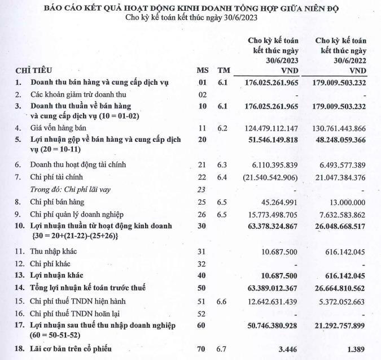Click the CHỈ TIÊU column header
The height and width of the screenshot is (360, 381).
(33, 71)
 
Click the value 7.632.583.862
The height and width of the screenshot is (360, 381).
(338, 214)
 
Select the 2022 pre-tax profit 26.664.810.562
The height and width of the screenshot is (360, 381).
(335, 288)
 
